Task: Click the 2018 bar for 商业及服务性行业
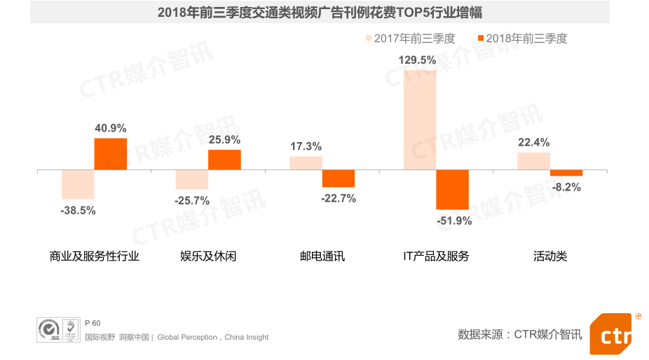111,154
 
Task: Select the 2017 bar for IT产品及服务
419,120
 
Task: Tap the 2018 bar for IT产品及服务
452,189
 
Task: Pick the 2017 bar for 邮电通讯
306,163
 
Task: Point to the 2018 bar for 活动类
566,173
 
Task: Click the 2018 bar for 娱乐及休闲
224,160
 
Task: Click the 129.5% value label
418,60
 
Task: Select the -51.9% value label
453,221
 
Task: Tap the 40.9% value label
111,128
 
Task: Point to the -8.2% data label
566,187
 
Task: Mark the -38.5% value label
78,210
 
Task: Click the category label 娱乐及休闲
208,256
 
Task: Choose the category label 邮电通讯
322,256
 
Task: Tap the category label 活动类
550,256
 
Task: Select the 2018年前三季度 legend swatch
479,39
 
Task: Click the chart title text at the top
320,13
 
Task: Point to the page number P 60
93,323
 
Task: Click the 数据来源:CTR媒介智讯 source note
519,334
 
